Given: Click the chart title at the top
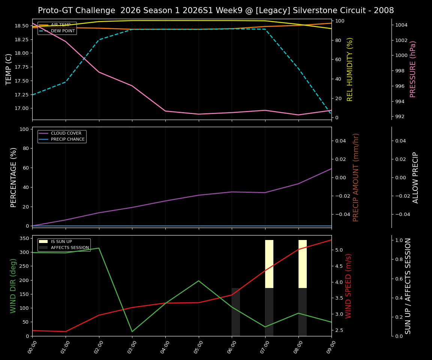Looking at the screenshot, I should (216, 10).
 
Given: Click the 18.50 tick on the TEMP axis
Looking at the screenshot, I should (22, 26).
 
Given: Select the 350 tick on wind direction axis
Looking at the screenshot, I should (25, 238).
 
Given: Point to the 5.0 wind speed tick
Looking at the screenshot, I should (338, 250).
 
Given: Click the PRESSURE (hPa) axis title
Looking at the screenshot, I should (413, 69).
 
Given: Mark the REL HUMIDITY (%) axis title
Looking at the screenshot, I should (350, 69).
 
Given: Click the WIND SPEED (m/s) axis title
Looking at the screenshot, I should (348, 286).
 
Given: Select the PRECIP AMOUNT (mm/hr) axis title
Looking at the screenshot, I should (356, 177).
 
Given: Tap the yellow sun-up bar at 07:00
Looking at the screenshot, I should (269, 264).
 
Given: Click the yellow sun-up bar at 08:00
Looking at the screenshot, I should (303, 264).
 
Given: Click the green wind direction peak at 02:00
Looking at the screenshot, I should (99, 248).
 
